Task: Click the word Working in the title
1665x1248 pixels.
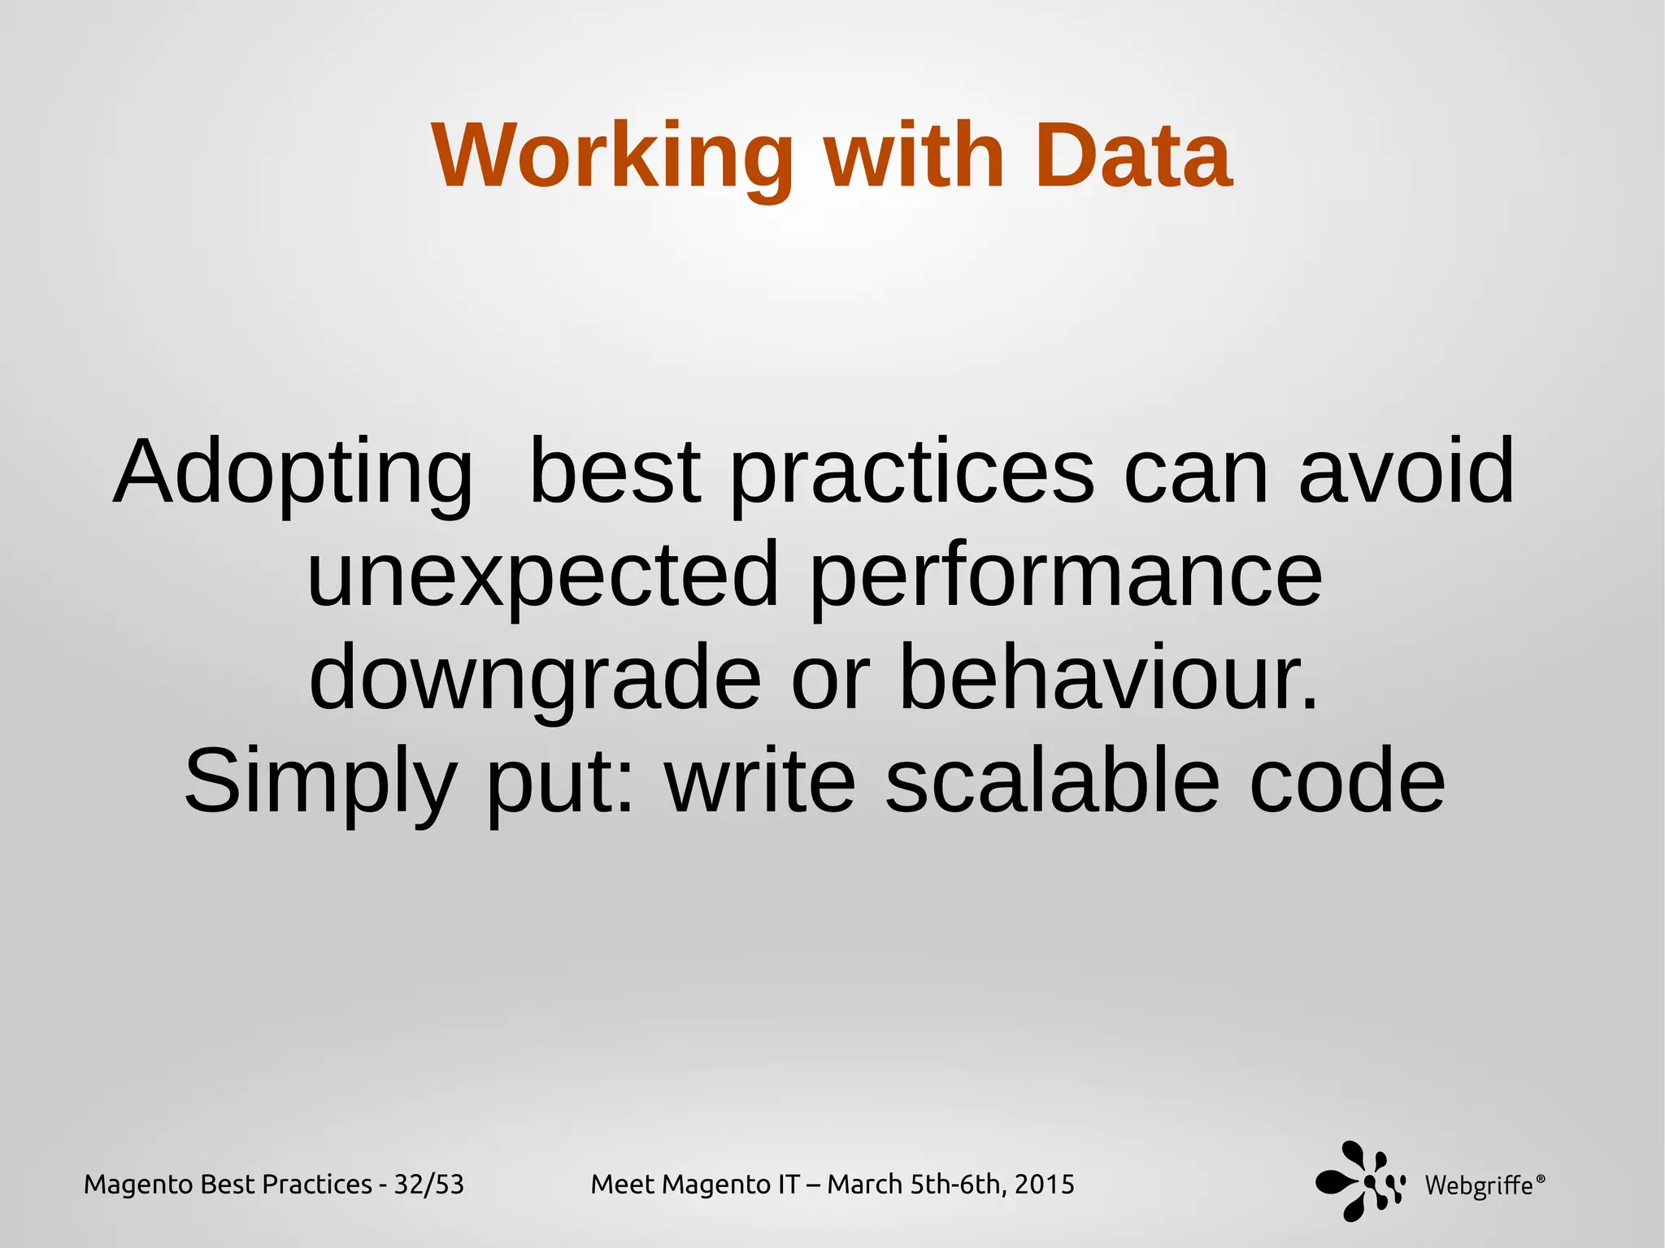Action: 612,155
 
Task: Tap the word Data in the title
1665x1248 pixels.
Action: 1132,155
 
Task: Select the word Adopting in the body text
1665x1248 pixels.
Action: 293,472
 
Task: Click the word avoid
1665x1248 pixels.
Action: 1406,471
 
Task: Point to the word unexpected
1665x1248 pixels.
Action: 542,576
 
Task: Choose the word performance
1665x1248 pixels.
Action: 1066,576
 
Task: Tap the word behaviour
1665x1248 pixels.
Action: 1108,677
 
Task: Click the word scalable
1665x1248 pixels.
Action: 1052,781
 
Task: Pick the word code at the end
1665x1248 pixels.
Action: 1347,781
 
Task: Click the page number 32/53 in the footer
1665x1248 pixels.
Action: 428,1185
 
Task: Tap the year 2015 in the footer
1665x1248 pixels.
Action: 1044,1184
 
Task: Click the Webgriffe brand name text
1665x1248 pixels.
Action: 1478,1185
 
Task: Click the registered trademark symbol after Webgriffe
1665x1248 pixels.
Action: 1541,1176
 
